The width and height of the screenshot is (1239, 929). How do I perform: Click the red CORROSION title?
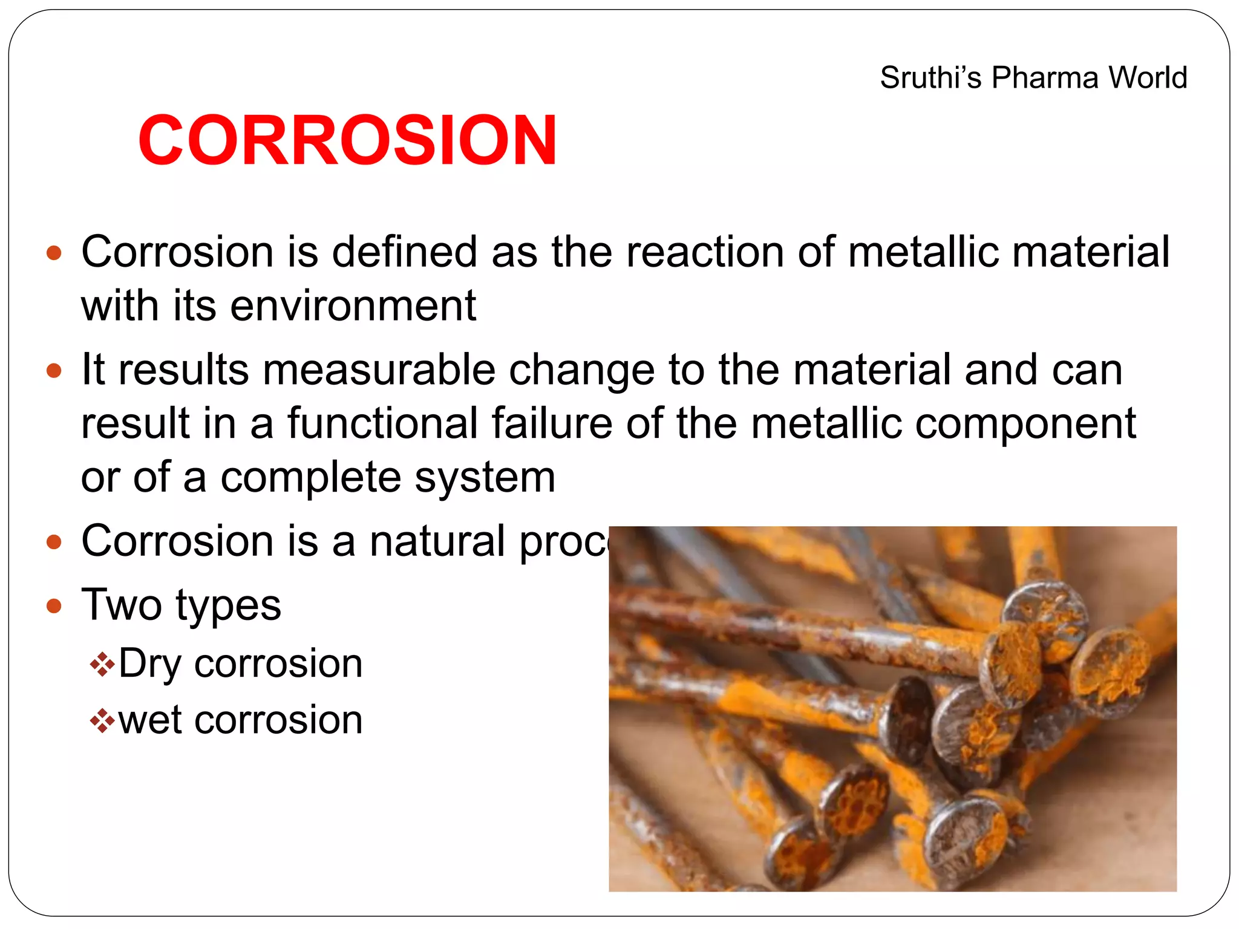347,140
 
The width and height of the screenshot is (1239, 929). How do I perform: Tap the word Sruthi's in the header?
930,78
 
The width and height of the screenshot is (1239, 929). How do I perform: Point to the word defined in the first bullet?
405,252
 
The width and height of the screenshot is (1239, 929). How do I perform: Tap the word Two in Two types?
122,604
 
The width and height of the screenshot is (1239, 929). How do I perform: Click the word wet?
149,720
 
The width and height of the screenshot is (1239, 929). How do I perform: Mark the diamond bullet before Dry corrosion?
102,665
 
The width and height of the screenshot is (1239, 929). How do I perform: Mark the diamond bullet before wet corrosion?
102,721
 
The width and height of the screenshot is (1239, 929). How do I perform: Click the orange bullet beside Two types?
54,605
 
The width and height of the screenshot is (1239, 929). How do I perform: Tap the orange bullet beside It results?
54,370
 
